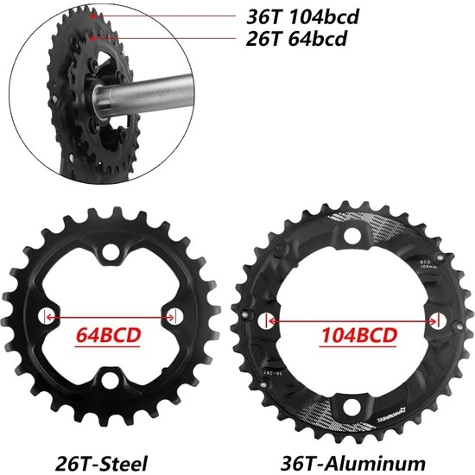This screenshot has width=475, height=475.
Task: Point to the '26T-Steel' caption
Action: [100, 462]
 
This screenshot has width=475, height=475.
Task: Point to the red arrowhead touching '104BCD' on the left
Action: [275, 320]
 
